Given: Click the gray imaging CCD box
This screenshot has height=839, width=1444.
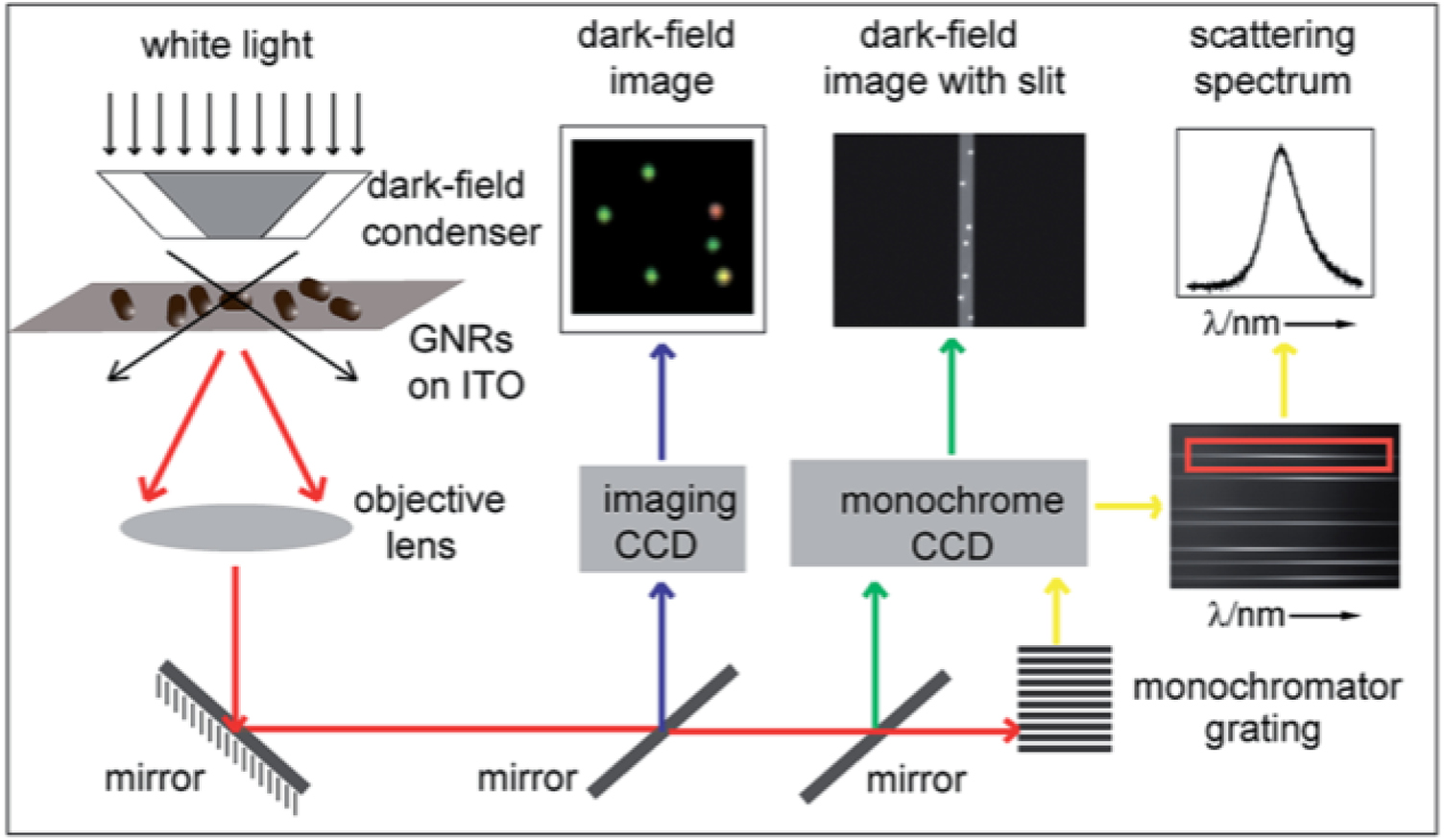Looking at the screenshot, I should click(x=662, y=519).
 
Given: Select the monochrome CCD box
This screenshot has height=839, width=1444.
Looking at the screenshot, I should click(x=938, y=514).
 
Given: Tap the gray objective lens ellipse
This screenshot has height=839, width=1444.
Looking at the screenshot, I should click(x=236, y=528).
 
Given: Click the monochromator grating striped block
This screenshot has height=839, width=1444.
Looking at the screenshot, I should click(x=1064, y=698).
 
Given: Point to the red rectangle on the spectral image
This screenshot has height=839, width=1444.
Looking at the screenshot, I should click(x=1288, y=455).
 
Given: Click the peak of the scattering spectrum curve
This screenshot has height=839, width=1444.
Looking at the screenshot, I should click(x=1280, y=149).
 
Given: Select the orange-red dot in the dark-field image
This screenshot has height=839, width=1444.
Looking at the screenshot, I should click(x=715, y=210).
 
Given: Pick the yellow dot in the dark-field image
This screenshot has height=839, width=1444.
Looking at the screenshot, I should click(x=724, y=277).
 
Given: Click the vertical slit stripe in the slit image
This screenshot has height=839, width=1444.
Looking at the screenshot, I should click(x=966, y=230).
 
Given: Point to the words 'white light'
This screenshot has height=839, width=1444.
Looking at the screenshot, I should click(x=227, y=45).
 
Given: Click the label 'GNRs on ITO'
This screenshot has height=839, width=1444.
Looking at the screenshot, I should click(x=465, y=362).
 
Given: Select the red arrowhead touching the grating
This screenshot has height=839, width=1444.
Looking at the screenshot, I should click(x=1010, y=731).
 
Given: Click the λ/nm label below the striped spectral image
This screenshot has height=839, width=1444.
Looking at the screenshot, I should click(x=1245, y=613).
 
